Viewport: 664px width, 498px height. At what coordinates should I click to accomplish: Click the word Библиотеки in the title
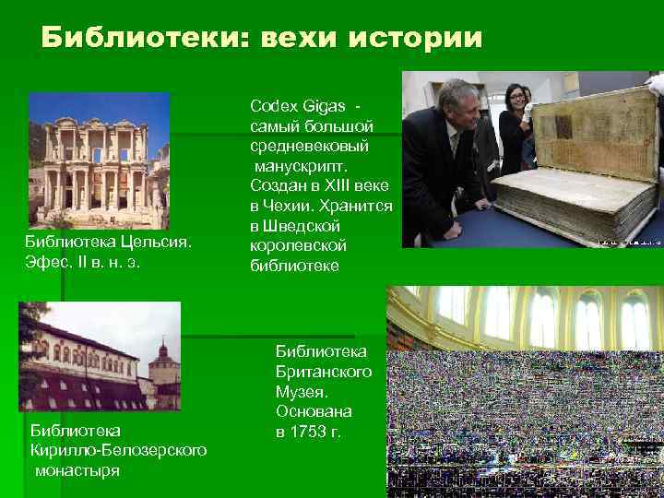(128, 38)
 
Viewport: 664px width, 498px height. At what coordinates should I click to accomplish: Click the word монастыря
(77, 470)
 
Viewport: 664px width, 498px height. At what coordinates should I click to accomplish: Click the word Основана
(313, 411)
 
